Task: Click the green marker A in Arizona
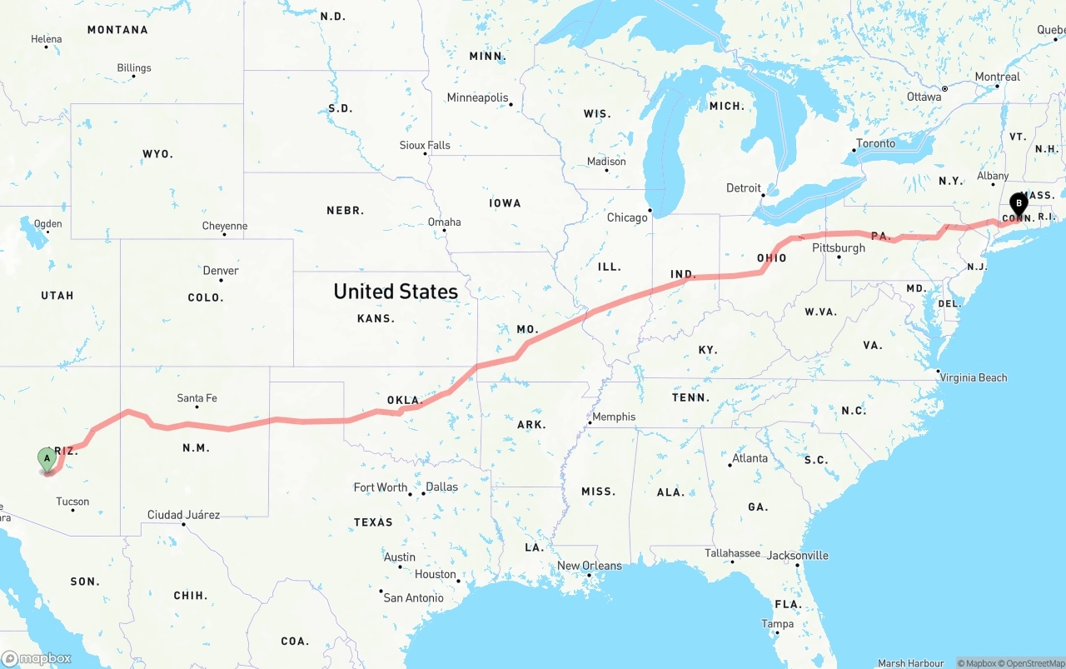[47, 458]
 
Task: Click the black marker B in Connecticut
[1018, 203]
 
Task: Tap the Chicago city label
[627, 217]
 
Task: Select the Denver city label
[221, 271]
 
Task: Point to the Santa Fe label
[197, 398]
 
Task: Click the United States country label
[396, 292]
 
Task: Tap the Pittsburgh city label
[839, 248]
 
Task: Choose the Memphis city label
[614, 417]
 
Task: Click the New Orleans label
[590, 566]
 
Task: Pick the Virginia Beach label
[974, 377]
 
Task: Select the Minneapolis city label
[477, 97]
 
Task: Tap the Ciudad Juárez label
[184, 515]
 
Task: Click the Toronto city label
[876, 143]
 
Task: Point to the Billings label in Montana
[134, 68]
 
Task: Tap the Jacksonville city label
[797, 556]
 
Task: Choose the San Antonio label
[413, 597]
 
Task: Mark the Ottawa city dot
[944, 88]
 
